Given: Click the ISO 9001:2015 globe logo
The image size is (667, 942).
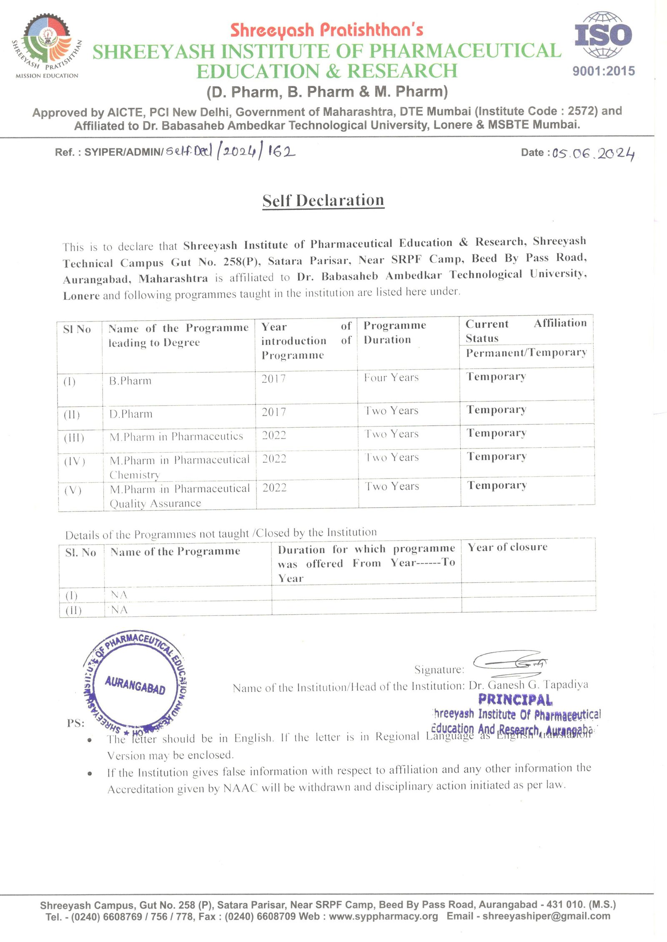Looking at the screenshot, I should tap(603, 35).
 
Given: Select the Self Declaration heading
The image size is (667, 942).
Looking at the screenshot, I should tap(323, 200).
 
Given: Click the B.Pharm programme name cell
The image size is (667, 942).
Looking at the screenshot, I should tap(130, 381).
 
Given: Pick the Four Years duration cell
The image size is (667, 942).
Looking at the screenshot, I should tap(391, 378).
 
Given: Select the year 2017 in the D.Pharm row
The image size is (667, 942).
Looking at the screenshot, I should tap(274, 412).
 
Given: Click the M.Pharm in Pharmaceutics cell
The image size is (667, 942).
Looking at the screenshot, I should tap(176, 436).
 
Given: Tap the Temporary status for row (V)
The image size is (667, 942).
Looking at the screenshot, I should tap(497, 486).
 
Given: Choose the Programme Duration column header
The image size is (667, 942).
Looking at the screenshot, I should tap(394, 332).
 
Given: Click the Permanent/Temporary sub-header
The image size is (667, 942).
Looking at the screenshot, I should tap(526, 353).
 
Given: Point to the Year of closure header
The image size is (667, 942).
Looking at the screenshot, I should tap(507, 547).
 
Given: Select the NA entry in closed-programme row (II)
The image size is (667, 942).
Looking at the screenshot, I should tap(119, 610).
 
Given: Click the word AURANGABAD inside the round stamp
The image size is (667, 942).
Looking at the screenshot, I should tap(135, 685).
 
